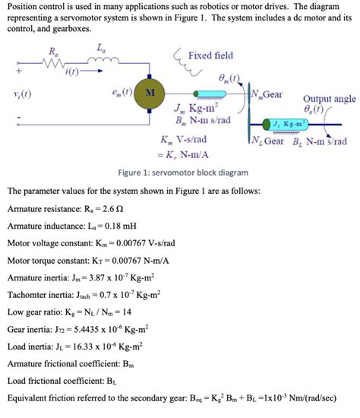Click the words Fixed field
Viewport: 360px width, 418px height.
(x=210, y=55)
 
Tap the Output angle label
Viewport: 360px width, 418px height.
(x=329, y=99)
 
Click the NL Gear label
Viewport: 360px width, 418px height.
(x=267, y=141)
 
